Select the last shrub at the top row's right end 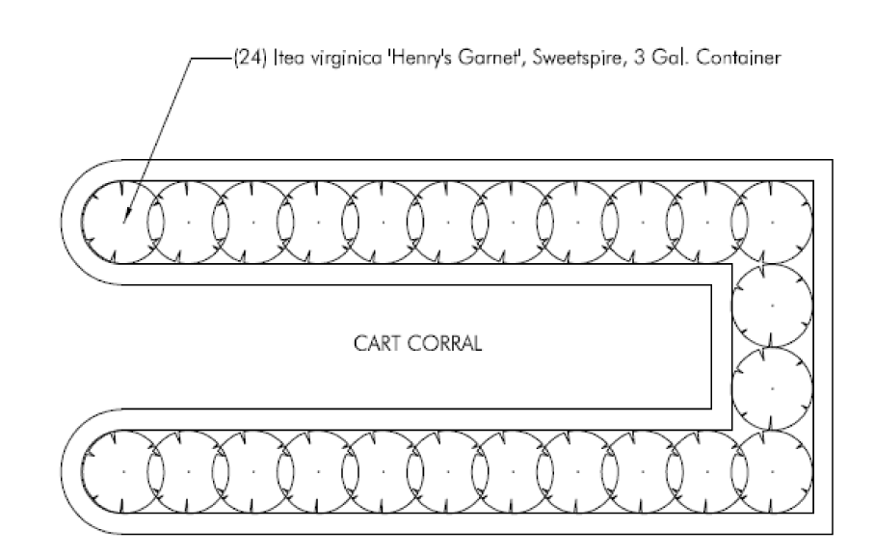coord(771,221)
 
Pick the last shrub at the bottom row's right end coord(771,471)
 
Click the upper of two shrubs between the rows coord(771,304)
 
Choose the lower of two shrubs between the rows coord(771,387)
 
